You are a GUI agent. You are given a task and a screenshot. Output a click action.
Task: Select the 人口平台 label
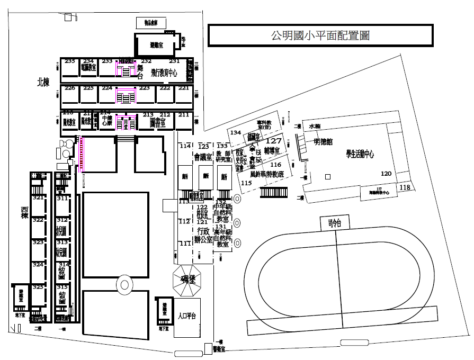(187, 316)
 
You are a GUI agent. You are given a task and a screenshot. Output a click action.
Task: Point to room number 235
(69, 61)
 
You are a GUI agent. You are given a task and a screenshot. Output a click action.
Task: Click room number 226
(69, 88)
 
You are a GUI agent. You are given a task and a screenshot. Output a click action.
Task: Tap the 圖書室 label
(158, 123)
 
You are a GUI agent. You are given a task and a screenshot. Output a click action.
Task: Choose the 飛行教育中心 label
(167, 73)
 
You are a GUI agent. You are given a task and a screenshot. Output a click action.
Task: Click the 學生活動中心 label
(360, 154)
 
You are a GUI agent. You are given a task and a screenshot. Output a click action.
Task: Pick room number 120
(386, 174)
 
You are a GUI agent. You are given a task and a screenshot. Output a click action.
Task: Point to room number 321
(38, 198)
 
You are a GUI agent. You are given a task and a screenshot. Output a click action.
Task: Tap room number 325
(38, 287)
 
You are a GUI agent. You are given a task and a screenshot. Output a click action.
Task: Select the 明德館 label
(323, 141)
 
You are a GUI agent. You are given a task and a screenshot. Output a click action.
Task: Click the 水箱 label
(315, 127)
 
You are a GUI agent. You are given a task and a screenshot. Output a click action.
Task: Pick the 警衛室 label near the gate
(219, 349)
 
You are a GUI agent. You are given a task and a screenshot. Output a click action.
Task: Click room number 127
(274, 141)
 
